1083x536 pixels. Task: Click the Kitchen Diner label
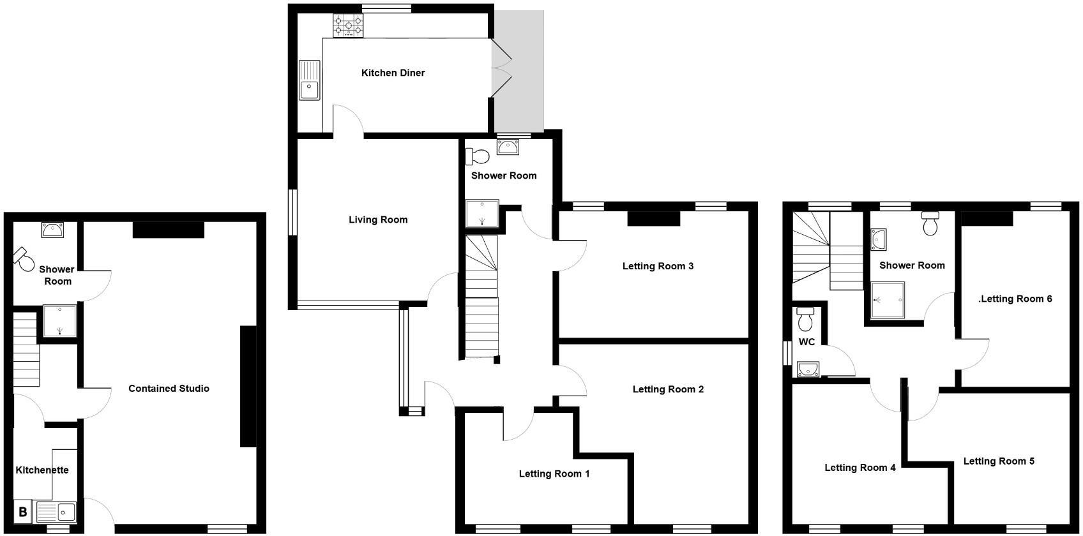tap(393, 73)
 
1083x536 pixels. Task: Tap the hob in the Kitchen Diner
tap(348, 26)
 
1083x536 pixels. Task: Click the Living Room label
tap(378, 220)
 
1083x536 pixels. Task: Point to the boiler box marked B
tap(22, 512)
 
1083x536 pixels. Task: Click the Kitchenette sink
tap(57, 512)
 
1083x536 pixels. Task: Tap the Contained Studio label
tap(169, 388)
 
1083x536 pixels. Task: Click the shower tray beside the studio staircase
tap(59, 320)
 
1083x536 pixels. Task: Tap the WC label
tap(807, 342)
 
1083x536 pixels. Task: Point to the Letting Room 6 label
tap(1015, 299)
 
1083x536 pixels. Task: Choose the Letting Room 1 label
tap(554, 473)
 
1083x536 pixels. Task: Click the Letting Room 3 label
tap(658, 266)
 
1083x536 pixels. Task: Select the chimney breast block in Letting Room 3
tap(654, 219)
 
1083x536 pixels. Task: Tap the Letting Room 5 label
tap(999, 461)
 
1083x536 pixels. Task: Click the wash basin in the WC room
tap(807, 369)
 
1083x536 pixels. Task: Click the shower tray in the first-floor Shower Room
tap(888, 301)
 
